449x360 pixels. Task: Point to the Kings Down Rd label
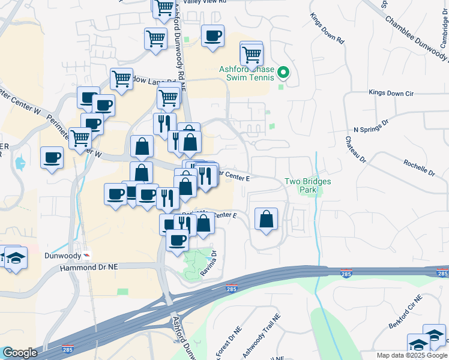click(x=328, y=30)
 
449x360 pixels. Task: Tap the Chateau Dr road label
click(x=355, y=149)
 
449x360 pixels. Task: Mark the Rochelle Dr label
click(x=419, y=168)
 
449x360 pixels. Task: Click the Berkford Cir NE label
click(x=406, y=312)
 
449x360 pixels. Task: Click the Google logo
click(x=20, y=353)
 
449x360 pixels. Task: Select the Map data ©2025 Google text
click(x=412, y=355)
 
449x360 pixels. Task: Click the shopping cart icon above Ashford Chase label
click(x=252, y=54)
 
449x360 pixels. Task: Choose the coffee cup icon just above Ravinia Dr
click(x=177, y=240)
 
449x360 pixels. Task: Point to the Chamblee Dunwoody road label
click(x=414, y=37)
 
